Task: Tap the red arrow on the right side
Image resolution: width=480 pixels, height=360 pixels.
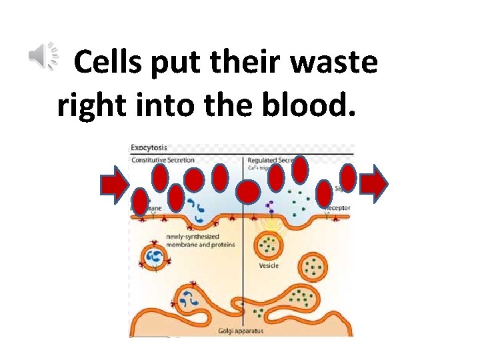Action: tap(374, 185)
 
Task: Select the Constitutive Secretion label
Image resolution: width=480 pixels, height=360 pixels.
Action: tap(164, 161)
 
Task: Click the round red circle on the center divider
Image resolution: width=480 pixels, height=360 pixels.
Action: tap(248, 193)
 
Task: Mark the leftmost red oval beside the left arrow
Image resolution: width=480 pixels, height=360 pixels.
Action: tap(140, 201)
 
